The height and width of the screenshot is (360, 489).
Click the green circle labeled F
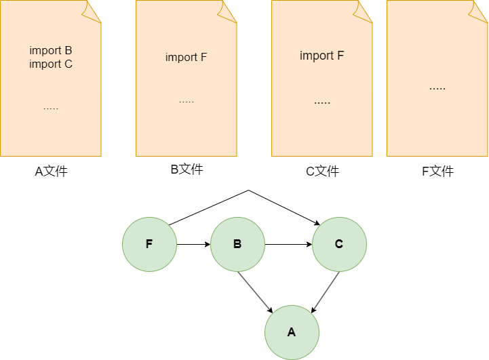(x=149, y=244)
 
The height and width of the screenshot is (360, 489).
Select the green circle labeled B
(x=237, y=244)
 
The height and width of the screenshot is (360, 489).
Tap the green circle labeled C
(x=339, y=244)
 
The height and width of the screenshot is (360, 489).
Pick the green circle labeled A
(x=292, y=332)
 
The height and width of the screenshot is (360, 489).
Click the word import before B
(x=45, y=51)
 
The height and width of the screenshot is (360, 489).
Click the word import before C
(x=45, y=64)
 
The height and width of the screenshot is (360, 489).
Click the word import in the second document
(x=180, y=57)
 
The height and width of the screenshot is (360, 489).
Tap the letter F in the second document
(x=203, y=57)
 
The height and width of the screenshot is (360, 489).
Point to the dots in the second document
(x=187, y=102)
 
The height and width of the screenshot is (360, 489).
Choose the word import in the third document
(x=316, y=56)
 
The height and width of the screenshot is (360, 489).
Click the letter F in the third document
(x=340, y=56)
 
